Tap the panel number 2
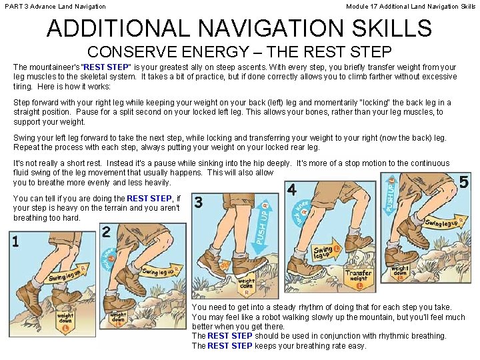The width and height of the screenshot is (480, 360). (x=107, y=232)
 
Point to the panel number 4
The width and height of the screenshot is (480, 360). (x=291, y=190)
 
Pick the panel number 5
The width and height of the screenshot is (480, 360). (x=464, y=181)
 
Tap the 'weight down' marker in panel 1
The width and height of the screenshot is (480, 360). (x=65, y=317)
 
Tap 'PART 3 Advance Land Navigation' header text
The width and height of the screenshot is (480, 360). (x=55, y=6)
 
